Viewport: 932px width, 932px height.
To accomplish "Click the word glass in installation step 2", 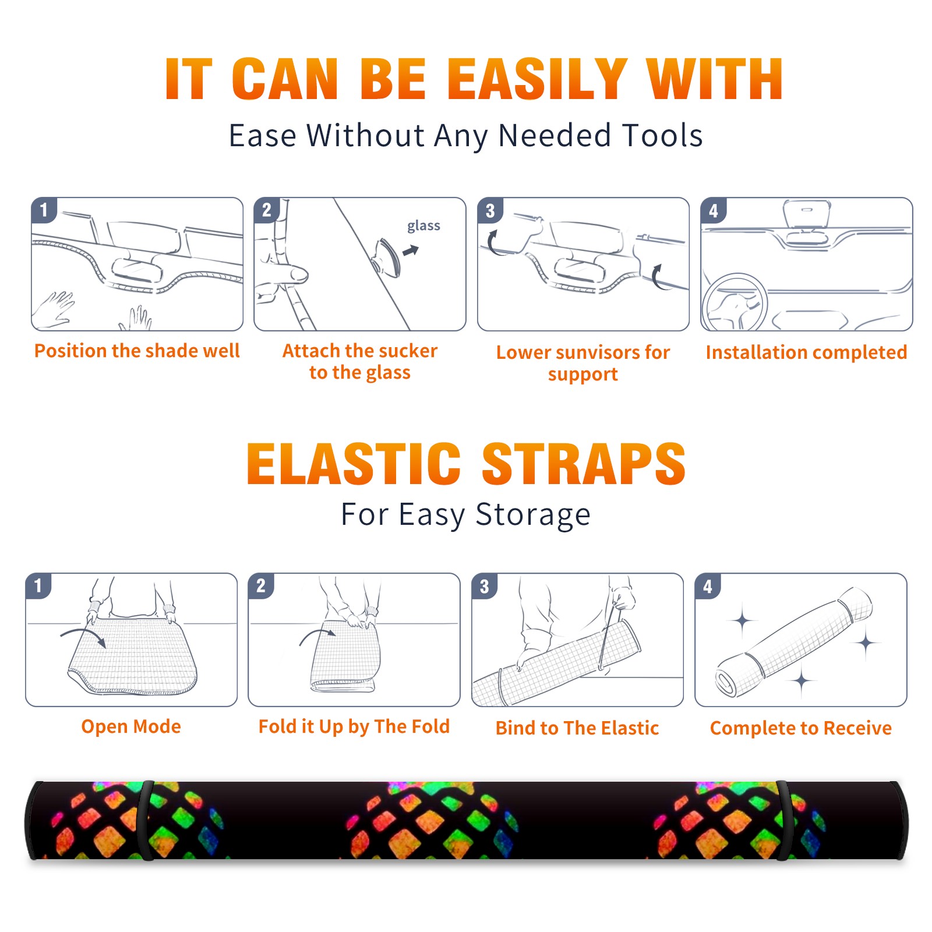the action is tap(423, 226).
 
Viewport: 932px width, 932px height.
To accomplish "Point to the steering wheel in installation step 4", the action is tap(735, 303).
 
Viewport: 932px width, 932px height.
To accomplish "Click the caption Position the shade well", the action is tap(137, 351).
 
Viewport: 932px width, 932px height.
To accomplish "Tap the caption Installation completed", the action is tap(806, 352).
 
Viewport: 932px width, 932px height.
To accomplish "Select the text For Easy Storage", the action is tap(465, 514).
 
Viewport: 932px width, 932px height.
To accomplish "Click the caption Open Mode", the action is tap(131, 726).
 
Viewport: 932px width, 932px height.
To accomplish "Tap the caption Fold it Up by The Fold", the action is tap(354, 727).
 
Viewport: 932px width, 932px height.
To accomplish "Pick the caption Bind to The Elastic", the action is tap(577, 728).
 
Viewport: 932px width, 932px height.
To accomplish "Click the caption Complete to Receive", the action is tap(801, 728).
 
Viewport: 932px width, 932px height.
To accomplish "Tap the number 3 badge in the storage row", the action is tap(485, 587).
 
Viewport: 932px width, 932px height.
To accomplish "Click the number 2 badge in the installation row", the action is tap(267, 210).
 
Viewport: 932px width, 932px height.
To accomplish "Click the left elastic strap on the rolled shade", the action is tap(146, 820).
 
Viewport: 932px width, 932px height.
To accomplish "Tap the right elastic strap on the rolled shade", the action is tap(782, 820).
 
